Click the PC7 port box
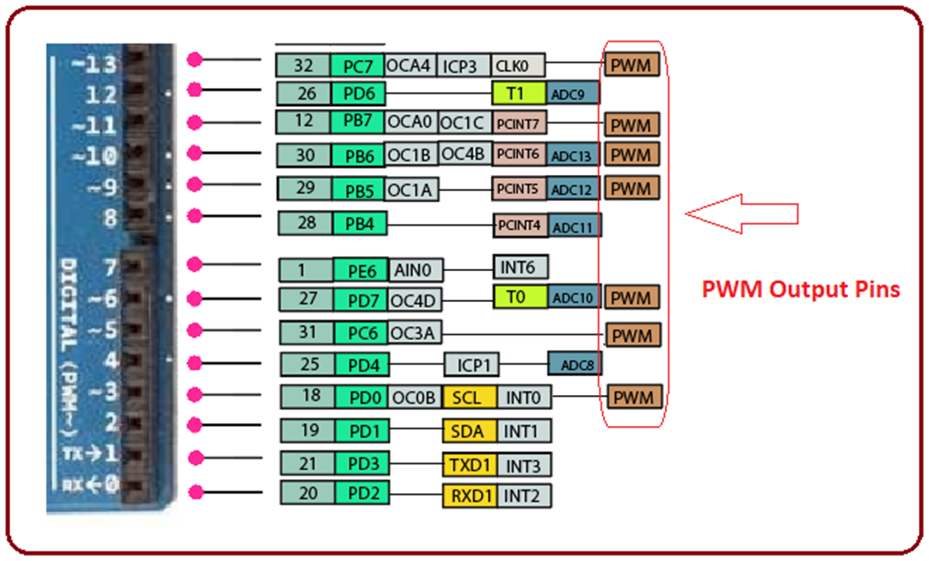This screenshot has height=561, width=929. (357, 65)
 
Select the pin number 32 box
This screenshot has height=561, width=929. (304, 65)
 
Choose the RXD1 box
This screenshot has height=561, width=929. (470, 496)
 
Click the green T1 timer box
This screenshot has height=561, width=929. (518, 92)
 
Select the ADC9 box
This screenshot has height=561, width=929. (572, 92)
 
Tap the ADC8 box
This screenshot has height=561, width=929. (575, 364)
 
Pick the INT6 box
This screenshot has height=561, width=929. (521, 267)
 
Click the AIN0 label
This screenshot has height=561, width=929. (416, 269)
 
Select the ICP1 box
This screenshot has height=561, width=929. (471, 364)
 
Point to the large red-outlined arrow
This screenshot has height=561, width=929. (741, 214)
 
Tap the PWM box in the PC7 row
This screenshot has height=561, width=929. (631, 65)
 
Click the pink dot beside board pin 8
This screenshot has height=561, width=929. (193, 216)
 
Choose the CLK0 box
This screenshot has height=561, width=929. (518, 65)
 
